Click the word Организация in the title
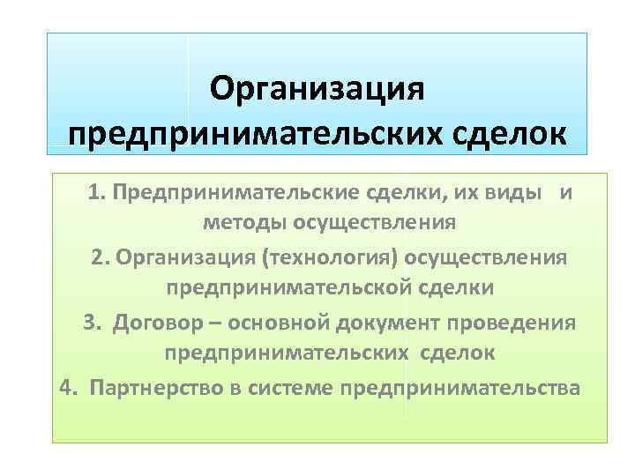[318, 90]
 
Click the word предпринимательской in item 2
[279, 288]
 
